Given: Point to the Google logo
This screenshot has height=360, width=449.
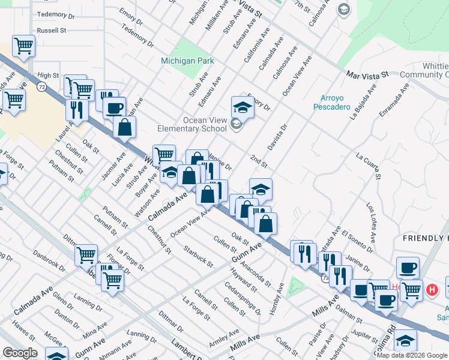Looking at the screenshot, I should (x=20, y=353).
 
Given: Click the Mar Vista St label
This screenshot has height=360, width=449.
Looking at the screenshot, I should (x=367, y=75).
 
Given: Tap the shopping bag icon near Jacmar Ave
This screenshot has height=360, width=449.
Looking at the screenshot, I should (x=125, y=127).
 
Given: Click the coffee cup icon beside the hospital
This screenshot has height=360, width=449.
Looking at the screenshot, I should (x=408, y=268).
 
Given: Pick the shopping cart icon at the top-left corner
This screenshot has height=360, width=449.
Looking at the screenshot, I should (x=23, y=46).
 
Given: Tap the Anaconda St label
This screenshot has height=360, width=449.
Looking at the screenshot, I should (x=257, y=267).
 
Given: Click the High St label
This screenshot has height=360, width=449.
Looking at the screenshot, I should (x=48, y=76).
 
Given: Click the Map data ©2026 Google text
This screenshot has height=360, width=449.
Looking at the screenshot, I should (x=411, y=355).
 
